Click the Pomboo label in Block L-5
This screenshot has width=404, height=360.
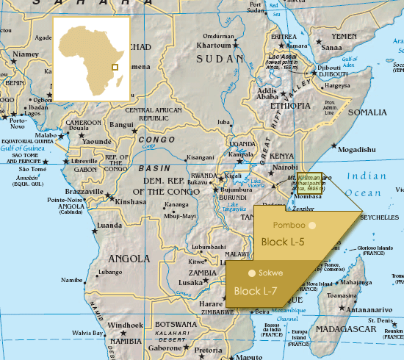288,225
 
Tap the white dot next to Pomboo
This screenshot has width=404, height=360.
312,225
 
